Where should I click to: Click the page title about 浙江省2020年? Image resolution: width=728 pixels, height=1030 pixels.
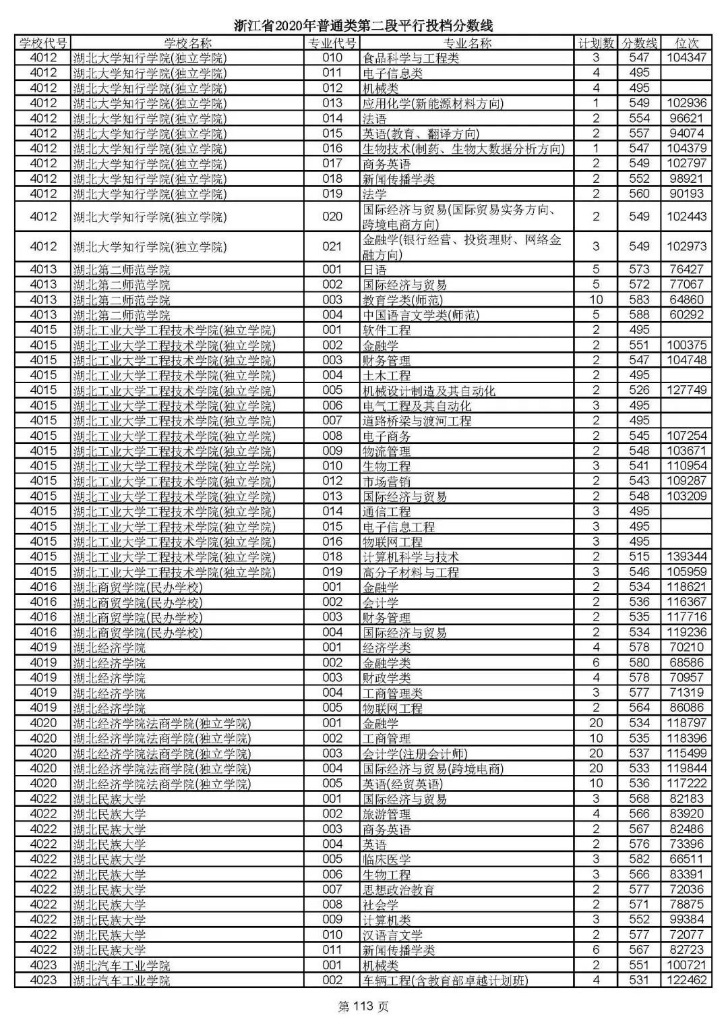point(364,26)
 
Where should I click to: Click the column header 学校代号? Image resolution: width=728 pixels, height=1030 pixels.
point(42,43)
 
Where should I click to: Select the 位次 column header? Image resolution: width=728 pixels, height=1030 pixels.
point(686,43)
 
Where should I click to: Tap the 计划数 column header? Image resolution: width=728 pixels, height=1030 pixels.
point(596,43)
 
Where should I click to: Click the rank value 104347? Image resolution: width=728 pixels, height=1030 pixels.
point(686,58)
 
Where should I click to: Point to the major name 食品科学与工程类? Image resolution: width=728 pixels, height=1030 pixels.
point(411,58)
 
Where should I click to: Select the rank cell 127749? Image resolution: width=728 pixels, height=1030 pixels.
point(686,391)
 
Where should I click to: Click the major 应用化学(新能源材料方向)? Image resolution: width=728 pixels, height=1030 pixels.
point(433,103)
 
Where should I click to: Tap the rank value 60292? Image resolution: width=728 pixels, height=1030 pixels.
point(686,315)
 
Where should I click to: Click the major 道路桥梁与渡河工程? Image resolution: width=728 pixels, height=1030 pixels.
point(417,421)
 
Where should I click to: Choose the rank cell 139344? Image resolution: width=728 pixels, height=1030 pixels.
point(686,557)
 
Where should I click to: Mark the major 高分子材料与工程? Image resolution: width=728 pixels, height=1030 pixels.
point(411,572)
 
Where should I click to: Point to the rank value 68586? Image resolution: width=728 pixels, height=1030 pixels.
point(686,663)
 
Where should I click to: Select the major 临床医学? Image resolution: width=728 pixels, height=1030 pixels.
point(386,859)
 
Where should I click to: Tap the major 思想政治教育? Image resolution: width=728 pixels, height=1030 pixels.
point(398,890)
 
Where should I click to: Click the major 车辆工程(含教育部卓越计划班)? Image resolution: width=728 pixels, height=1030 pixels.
point(445,981)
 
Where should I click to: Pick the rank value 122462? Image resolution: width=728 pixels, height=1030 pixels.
point(686,980)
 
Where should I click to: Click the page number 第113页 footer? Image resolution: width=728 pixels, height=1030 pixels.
point(363,1007)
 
